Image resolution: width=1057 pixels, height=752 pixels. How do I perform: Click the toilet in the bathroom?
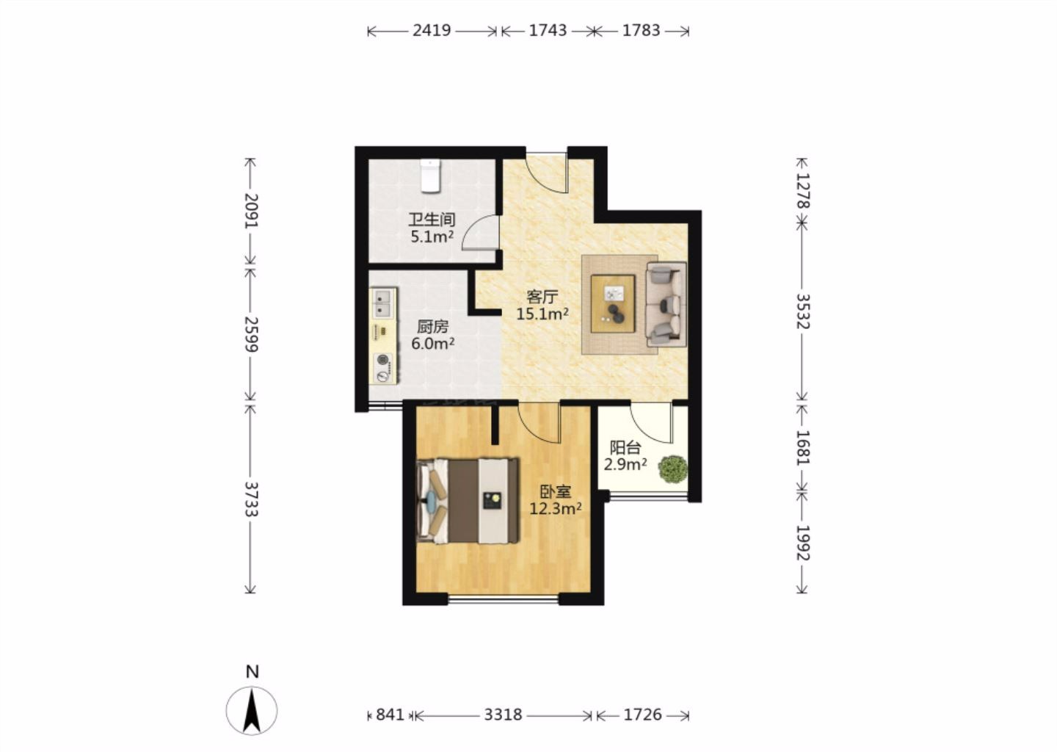(430, 176)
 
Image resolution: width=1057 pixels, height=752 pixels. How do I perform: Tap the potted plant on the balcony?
(673, 469)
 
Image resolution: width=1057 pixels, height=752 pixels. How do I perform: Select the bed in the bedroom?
(467, 500)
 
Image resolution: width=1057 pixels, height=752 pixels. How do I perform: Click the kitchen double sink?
(382, 303)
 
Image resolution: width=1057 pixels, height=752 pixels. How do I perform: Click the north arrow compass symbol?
(252, 710)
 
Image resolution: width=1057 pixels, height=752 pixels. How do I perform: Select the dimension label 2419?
(432, 30)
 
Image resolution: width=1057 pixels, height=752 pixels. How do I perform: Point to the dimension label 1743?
(548, 30)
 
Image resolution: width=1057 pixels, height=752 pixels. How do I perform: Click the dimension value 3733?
(251, 499)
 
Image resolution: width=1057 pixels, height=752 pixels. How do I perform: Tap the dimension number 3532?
(803, 311)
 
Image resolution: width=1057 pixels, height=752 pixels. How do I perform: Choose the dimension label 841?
(390, 715)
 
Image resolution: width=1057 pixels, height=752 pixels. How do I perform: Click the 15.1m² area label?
(542, 314)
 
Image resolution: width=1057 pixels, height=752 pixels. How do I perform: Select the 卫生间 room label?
(432, 220)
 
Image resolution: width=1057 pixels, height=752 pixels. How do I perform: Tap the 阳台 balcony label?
(625, 447)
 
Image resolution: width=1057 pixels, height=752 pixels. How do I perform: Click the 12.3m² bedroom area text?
(556, 508)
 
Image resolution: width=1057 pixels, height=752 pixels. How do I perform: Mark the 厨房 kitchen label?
(433, 327)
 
